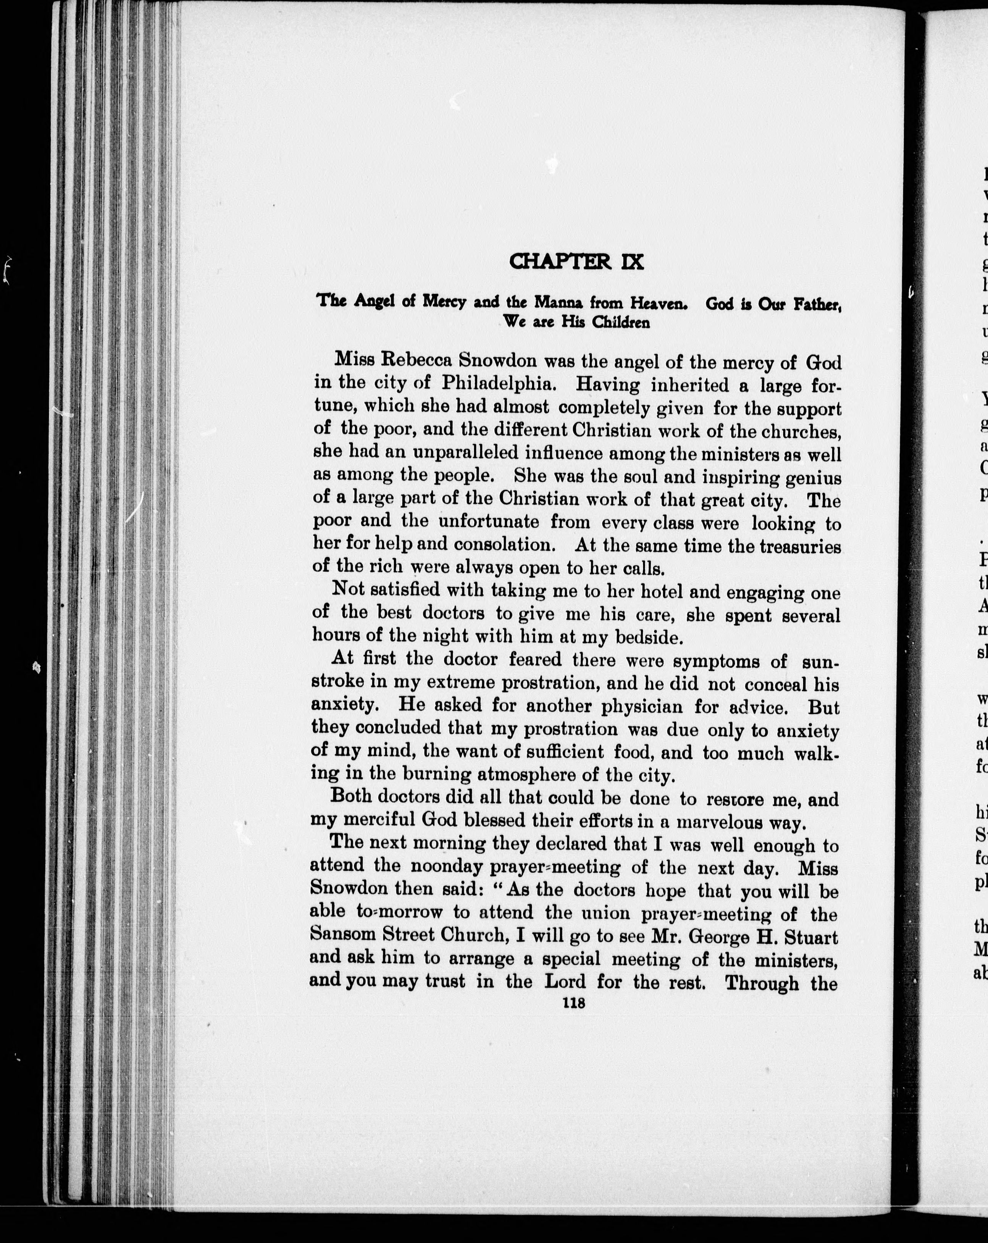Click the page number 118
575,1003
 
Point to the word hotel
651,592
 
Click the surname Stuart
810,936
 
